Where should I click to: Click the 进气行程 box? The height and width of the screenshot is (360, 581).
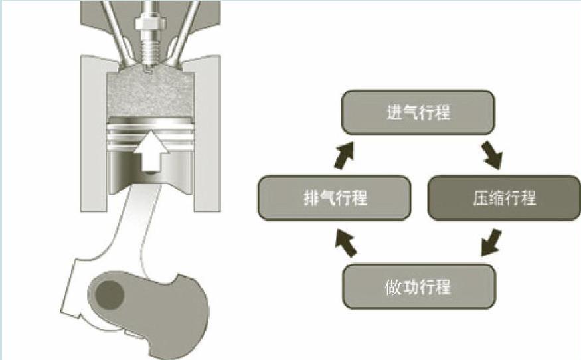[x=418, y=112]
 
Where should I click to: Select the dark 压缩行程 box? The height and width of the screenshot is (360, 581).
[x=504, y=198]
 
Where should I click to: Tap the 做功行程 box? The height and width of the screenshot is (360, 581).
[x=418, y=287]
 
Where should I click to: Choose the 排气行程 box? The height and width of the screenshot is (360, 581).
[x=333, y=198]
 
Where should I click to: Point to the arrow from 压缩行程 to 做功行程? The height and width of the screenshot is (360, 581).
[x=491, y=242]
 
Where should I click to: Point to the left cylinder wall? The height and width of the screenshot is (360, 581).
[x=90, y=133]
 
